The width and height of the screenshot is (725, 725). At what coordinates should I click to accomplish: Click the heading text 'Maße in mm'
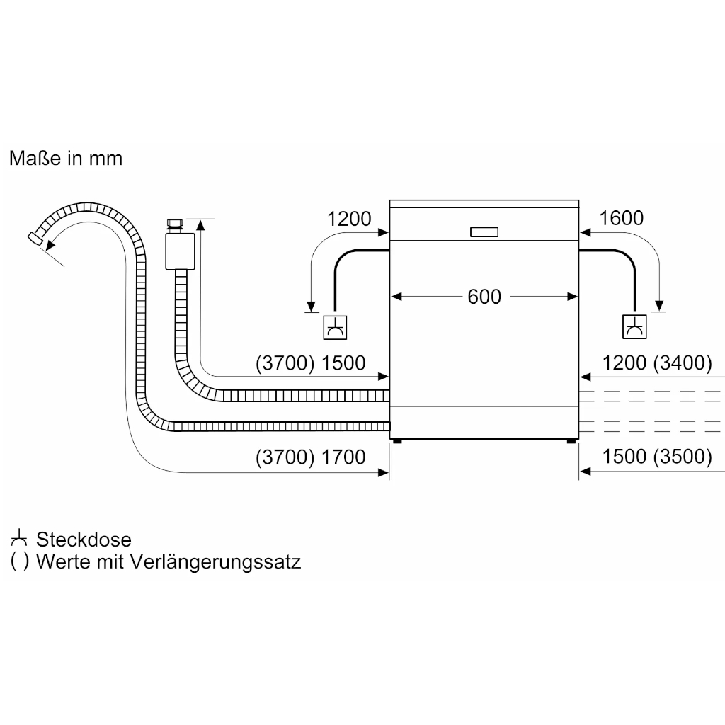click(x=66, y=158)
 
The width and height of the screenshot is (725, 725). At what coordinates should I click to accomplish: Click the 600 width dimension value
click(x=484, y=297)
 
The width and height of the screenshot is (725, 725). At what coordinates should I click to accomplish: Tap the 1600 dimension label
click(x=621, y=218)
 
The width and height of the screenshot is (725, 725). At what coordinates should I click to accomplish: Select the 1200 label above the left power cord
click(x=349, y=219)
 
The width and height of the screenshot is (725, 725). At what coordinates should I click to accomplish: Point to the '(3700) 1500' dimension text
click(x=310, y=363)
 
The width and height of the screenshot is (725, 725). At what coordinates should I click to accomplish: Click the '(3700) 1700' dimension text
click(x=310, y=457)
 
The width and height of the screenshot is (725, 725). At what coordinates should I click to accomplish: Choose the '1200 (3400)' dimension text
click(x=656, y=363)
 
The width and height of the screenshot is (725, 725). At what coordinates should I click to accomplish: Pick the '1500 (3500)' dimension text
click(x=656, y=457)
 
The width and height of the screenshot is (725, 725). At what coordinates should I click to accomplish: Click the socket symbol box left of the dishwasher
click(x=335, y=327)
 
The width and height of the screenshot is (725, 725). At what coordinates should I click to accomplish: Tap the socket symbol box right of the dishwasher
click(x=634, y=326)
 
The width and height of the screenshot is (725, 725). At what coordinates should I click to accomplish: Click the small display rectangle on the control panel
click(x=484, y=232)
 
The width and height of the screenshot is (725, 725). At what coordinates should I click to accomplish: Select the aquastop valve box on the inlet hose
click(x=181, y=251)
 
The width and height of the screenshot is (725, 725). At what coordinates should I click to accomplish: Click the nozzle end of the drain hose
click(x=35, y=238)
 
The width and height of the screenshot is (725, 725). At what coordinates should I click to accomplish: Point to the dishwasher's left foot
click(x=396, y=441)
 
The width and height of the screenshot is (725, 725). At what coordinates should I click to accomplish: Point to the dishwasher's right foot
click(x=571, y=441)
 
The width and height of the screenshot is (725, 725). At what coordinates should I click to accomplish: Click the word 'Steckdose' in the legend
click(x=84, y=540)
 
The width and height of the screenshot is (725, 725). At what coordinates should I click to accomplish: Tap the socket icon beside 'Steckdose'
click(x=19, y=538)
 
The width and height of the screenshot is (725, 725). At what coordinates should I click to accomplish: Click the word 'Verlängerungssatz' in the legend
click(x=215, y=561)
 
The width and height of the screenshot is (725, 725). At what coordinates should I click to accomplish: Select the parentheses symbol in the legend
click(x=19, y=561)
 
